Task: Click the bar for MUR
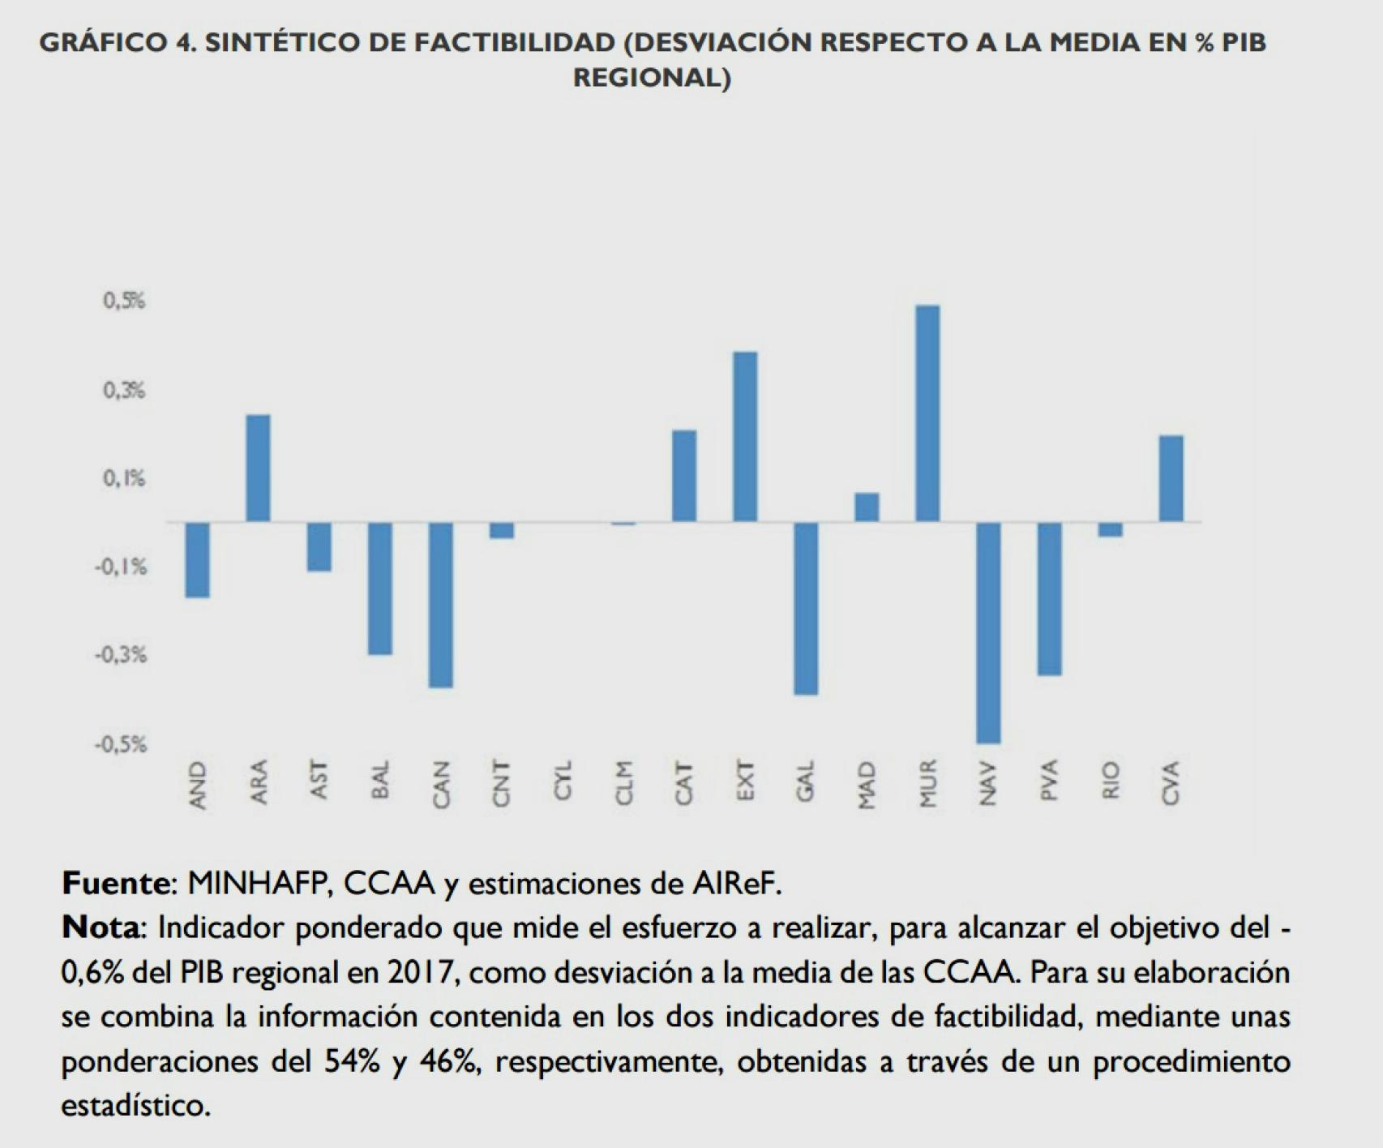point(927,413)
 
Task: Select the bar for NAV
point(988,632)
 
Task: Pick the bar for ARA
point(258,468)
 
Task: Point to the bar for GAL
point(806,608)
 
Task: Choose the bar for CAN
point(441,605)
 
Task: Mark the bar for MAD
point(867,507)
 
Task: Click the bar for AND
point(197,559)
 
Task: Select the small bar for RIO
point(1110,529)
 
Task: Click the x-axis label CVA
point(1171,783)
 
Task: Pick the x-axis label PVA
point(1049,782)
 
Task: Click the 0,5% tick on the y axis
point(123,302)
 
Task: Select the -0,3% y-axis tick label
point(121,655)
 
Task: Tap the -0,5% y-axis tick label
point(121,744)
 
